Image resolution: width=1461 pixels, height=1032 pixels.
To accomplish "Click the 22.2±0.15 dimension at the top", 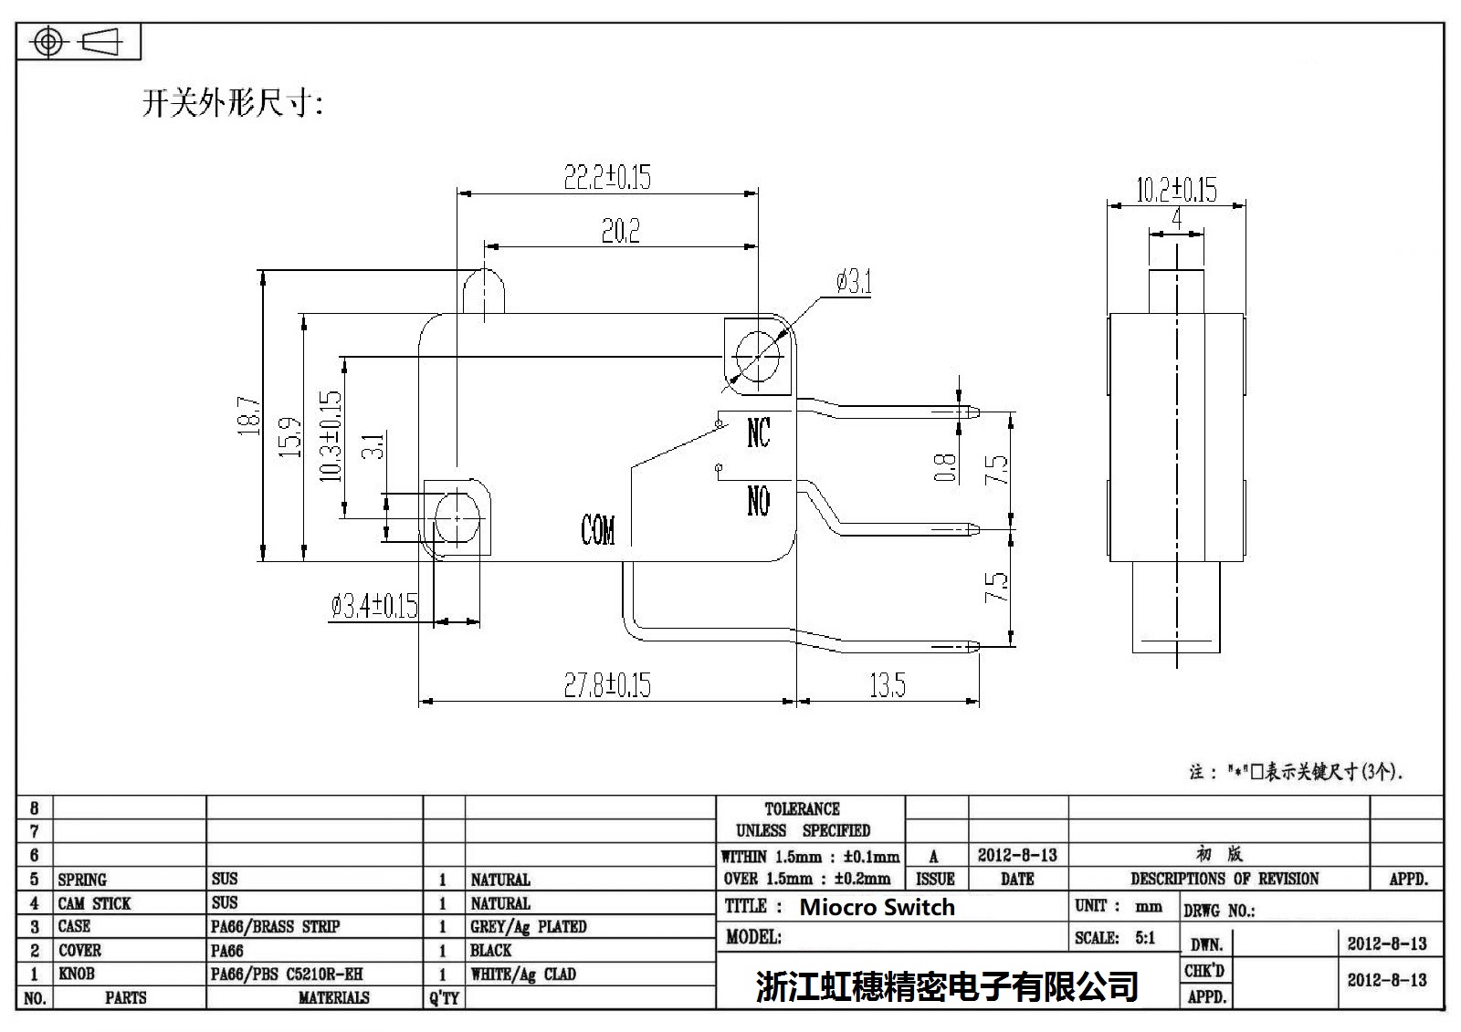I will pos(607,176).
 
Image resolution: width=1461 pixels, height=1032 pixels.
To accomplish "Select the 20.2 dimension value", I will pos(620,231).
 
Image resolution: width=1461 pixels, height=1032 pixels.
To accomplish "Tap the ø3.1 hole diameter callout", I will pos(854,283).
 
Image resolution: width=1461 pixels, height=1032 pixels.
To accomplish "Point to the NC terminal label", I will pos(758,433).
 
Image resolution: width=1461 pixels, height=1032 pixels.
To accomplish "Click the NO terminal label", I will pos(758,501).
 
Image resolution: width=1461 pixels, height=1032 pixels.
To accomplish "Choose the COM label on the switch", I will pos(598,529).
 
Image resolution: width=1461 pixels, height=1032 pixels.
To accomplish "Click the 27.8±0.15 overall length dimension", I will pos(607,684).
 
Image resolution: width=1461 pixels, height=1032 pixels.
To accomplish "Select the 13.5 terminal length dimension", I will pos(887,684).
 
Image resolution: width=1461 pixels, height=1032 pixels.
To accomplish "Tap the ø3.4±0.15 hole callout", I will pos(374,605).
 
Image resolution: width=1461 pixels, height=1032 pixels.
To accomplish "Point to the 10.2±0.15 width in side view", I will pos(1176,190).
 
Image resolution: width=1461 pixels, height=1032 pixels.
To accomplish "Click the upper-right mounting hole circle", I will pos(758,355).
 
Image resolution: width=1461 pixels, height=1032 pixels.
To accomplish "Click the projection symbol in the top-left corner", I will pos(79,42).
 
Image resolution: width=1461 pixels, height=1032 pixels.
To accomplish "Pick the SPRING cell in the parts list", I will pos(82,880).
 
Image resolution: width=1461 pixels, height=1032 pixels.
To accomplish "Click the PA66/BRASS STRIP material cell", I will pos(275,926).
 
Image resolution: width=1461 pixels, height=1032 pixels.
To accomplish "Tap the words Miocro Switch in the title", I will pos(877,907).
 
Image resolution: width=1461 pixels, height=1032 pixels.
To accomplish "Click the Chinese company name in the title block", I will pos(947,985).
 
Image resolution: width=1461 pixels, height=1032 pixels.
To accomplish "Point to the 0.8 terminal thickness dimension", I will pos(946,467).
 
